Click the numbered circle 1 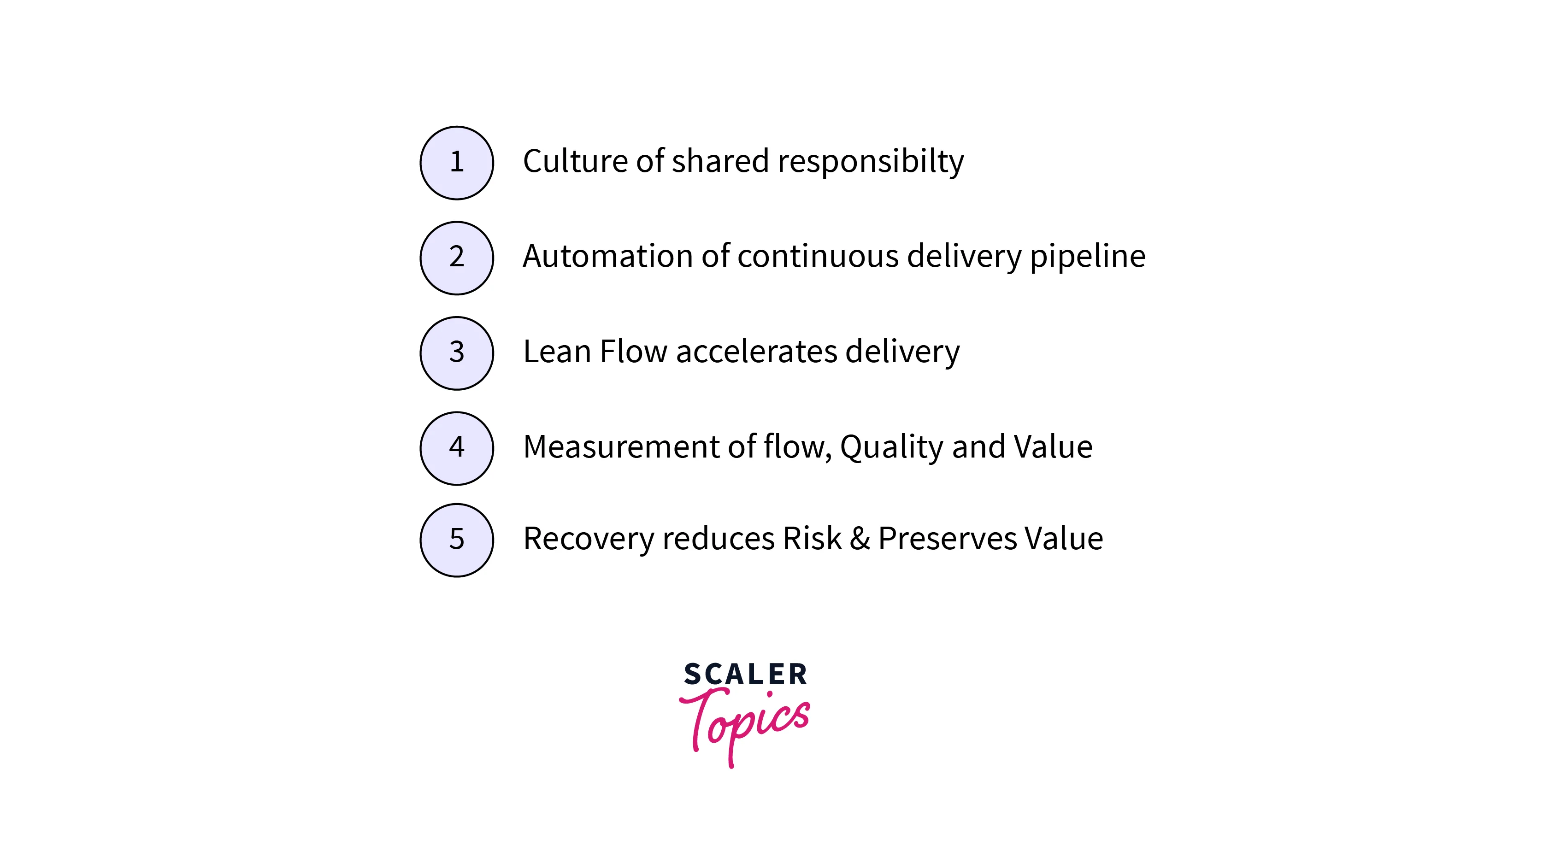[456, 163]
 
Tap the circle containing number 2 [456, 258]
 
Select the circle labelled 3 [456, 353]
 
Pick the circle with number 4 [456, 448]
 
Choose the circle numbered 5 [456, 540]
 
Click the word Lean [557, 352]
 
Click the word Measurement [621, 447]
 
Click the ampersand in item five [860, 539]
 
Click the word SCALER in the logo [745, 675]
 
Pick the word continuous [818, 256]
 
